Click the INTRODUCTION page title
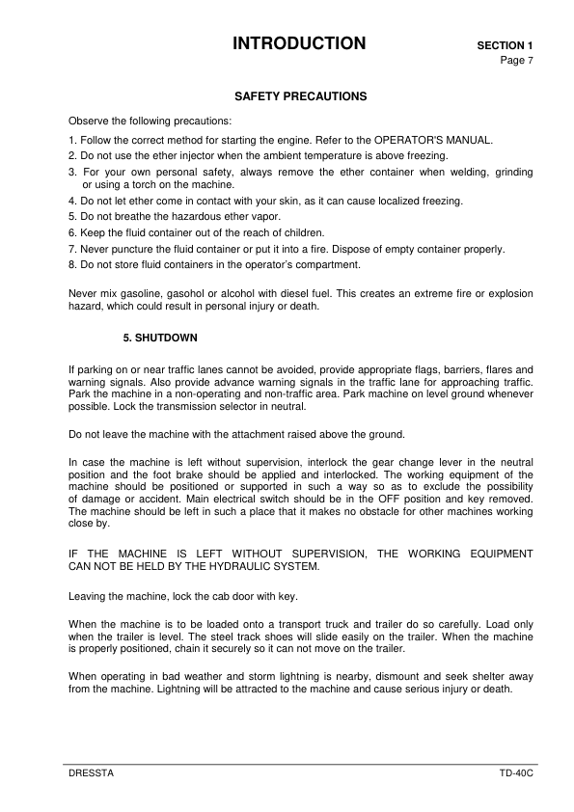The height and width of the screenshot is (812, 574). (x=299, y=43)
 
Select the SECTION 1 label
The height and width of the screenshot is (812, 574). (x=505, y=45)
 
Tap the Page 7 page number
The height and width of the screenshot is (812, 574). (x=516, y=60)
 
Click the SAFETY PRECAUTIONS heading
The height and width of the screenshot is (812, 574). (x=300, y=97)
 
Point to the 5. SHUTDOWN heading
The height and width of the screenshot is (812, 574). (x=160, y=338)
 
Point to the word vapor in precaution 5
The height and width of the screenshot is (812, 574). (x=266, y=216)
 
